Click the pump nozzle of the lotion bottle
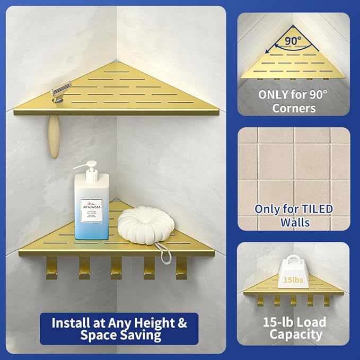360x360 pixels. [x=85, y=165]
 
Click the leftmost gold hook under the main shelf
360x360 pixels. [x=51, y=267]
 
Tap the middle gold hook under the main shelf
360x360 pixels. [x=116, y=267]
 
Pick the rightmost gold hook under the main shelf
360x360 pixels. [x=181, y=267]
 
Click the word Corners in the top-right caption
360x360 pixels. [x=294, y=108]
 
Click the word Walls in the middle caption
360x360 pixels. [x=294, y=222]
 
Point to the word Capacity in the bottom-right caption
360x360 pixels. [x=295, y=334]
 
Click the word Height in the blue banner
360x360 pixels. [x=159, y=322]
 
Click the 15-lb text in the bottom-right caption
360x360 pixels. [x=278, y=321]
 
